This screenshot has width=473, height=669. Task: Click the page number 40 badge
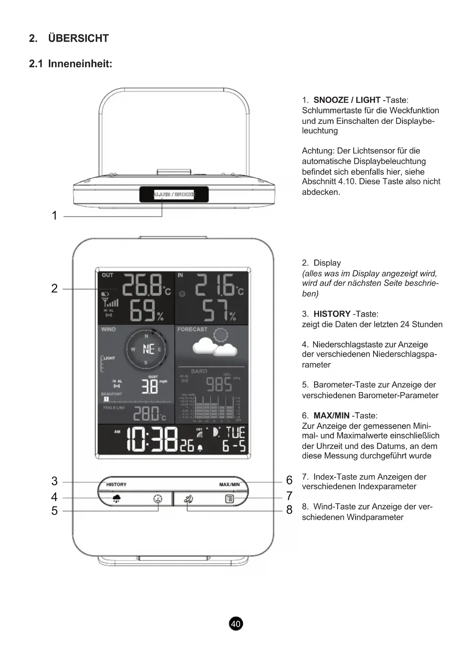pyautogui.click(x=236, y=624)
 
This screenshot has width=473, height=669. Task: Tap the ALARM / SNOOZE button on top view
pyautogui.click(x=174, y=195)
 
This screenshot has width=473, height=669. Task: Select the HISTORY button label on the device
pyautogui.click(x=116, y=484)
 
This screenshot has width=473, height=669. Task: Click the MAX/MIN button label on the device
pyautogui.click(x=229, y=484)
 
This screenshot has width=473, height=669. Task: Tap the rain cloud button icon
pyautogui.click(x=116, y=499)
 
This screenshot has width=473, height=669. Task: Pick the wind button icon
pyautogui.click(x=188, y=499)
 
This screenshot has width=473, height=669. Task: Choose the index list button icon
pyautogui.click(x=229, y=499)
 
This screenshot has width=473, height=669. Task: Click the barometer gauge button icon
pyautogui.click(x=158, y=499)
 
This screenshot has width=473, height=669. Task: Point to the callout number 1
pyautogui.click(x=55, y=215)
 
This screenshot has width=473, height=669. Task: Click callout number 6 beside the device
pyautogui.click(x=289, y=480)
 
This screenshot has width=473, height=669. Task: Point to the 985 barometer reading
pyautogui.click(x=219, y=384)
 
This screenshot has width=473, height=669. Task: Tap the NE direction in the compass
pyautogui.click(x=148, y=349)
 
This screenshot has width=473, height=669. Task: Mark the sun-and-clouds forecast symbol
pyautogui.click(x=215, y=343)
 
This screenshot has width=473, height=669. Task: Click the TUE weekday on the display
pyautogui.click(x=235, y=433)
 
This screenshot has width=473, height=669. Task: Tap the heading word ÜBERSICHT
pyautogui.click(x=79, y=39)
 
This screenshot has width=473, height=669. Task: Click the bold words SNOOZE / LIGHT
pyautogui.click(x=347, y=100)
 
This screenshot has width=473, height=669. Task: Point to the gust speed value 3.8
pyautogui.click(x=150, y=386)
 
